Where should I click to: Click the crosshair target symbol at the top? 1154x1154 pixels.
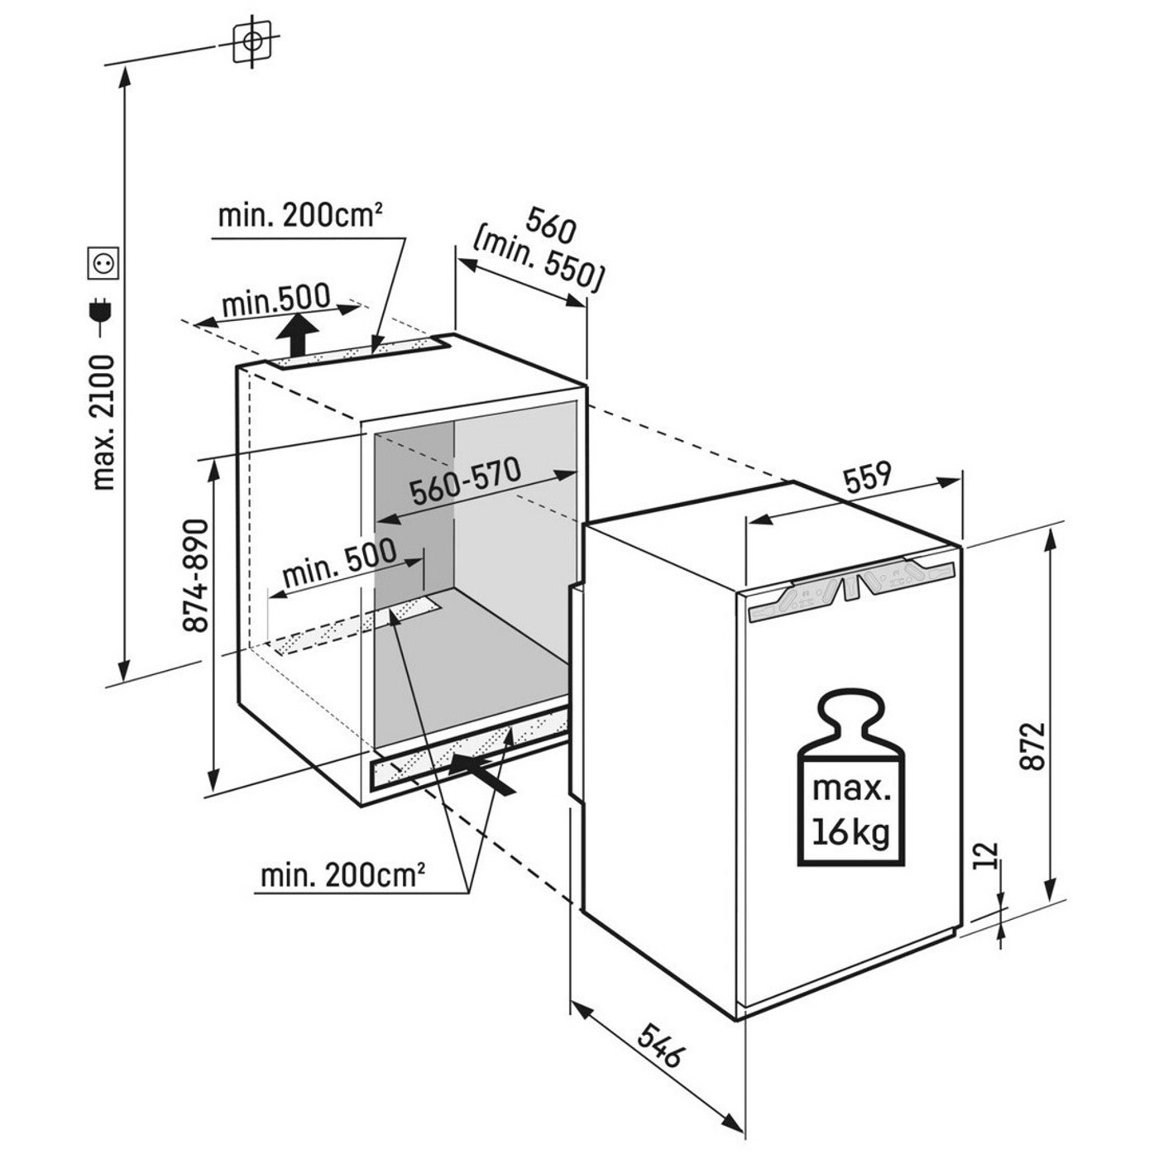[254, 41]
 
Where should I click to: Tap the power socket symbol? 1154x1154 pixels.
[104, 263]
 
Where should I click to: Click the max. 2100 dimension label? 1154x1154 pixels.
[103, 422]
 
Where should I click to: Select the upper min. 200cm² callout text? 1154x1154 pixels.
[299, 217]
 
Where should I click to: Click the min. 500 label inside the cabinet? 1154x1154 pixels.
[339, 562]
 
